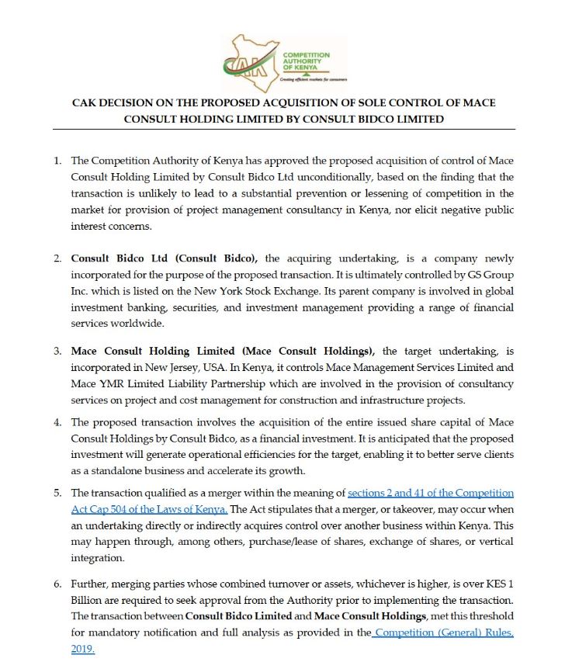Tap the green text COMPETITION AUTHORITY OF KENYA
(306, 61)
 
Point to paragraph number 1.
(57, 161)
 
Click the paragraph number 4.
(57, 422)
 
